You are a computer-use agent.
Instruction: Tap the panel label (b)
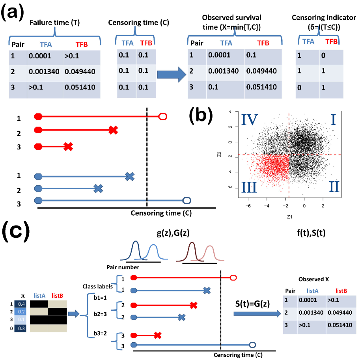(x=201, y=117)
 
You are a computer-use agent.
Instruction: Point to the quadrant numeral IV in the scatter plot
(x=249, y=119)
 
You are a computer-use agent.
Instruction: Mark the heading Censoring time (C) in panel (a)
(x=138, y=22)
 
